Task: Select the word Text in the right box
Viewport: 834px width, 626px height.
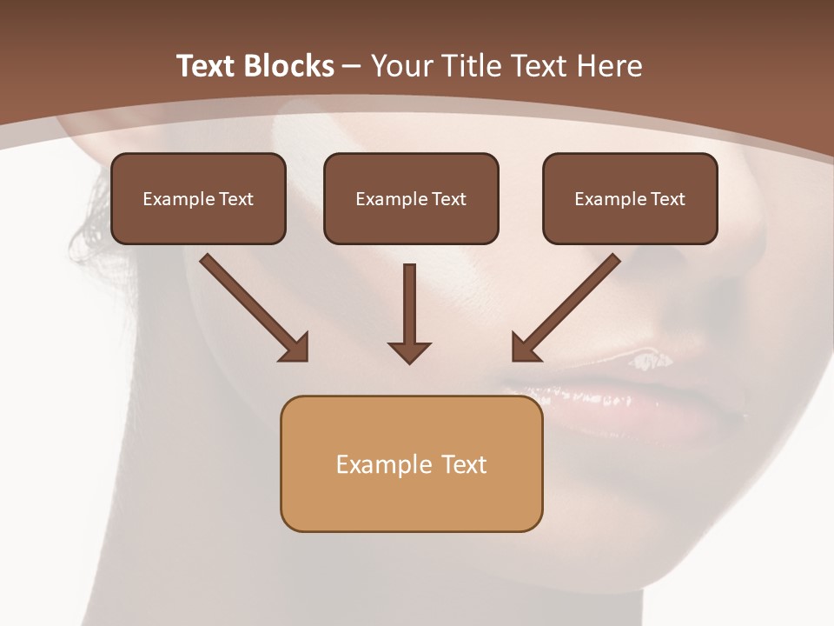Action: click(x=667, y=199)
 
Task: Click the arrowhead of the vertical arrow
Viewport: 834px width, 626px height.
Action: click(x=410, y=351)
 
